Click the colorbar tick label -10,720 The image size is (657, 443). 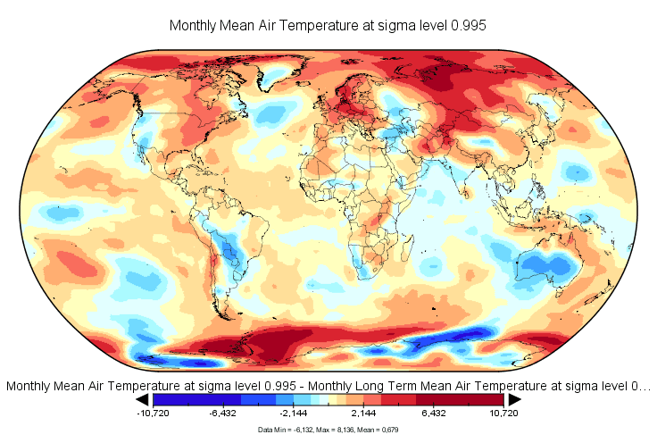(x=153, y=414)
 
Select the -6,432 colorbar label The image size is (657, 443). (x=223, y=414)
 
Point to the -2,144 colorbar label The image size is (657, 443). (x=294, y=414)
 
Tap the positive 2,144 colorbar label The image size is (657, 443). (x=364, y=414)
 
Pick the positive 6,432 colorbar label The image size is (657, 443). (x=435, y=414)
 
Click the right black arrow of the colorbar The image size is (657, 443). (x=514, y=399)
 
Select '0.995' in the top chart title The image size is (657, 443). (x=469, y=26)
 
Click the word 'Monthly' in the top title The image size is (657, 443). (x=194, y=26)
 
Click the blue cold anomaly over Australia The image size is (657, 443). (x=545, y=264)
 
